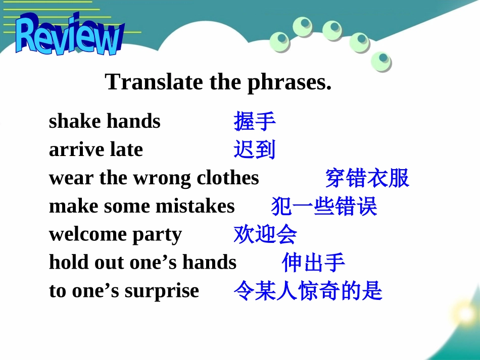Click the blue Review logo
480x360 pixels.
70,35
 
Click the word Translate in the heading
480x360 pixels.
154,82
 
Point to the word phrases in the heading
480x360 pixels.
290,83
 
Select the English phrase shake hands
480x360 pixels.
105,121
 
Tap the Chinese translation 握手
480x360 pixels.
254,121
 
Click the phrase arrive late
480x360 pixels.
96,149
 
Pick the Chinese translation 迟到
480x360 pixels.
254,149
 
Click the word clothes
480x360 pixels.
228,178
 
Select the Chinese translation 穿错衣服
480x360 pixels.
367,178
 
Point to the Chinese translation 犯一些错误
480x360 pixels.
324,206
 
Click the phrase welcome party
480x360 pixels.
115,235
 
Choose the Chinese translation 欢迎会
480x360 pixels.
265,234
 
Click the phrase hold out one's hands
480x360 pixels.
142,263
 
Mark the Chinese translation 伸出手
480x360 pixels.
313,263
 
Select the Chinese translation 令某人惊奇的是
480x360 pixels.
308,290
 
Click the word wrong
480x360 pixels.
162,179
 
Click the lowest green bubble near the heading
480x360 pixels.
381,62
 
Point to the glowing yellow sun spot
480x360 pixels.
466,314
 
